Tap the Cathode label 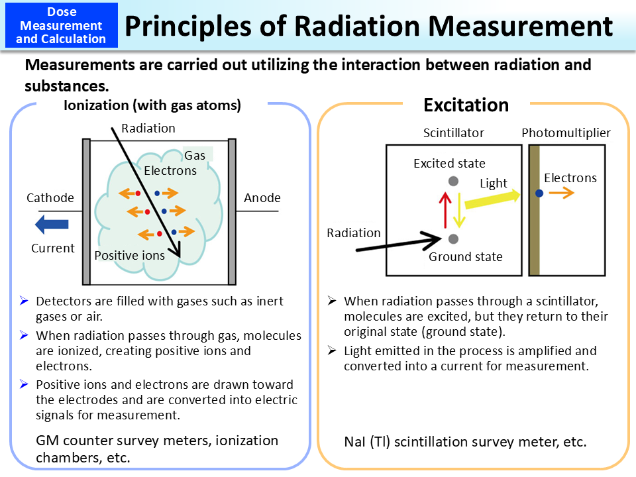[50, 198]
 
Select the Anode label [262, 198]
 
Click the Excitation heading [466, 105]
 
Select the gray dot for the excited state [453, 181]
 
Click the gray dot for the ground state [453, 238]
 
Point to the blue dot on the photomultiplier [539, 193]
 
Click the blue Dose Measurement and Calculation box [62, 25]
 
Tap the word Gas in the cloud [195, 156]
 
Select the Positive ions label [129, 256]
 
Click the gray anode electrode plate [232, 211]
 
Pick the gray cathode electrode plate [86, 211]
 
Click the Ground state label [466, 257]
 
